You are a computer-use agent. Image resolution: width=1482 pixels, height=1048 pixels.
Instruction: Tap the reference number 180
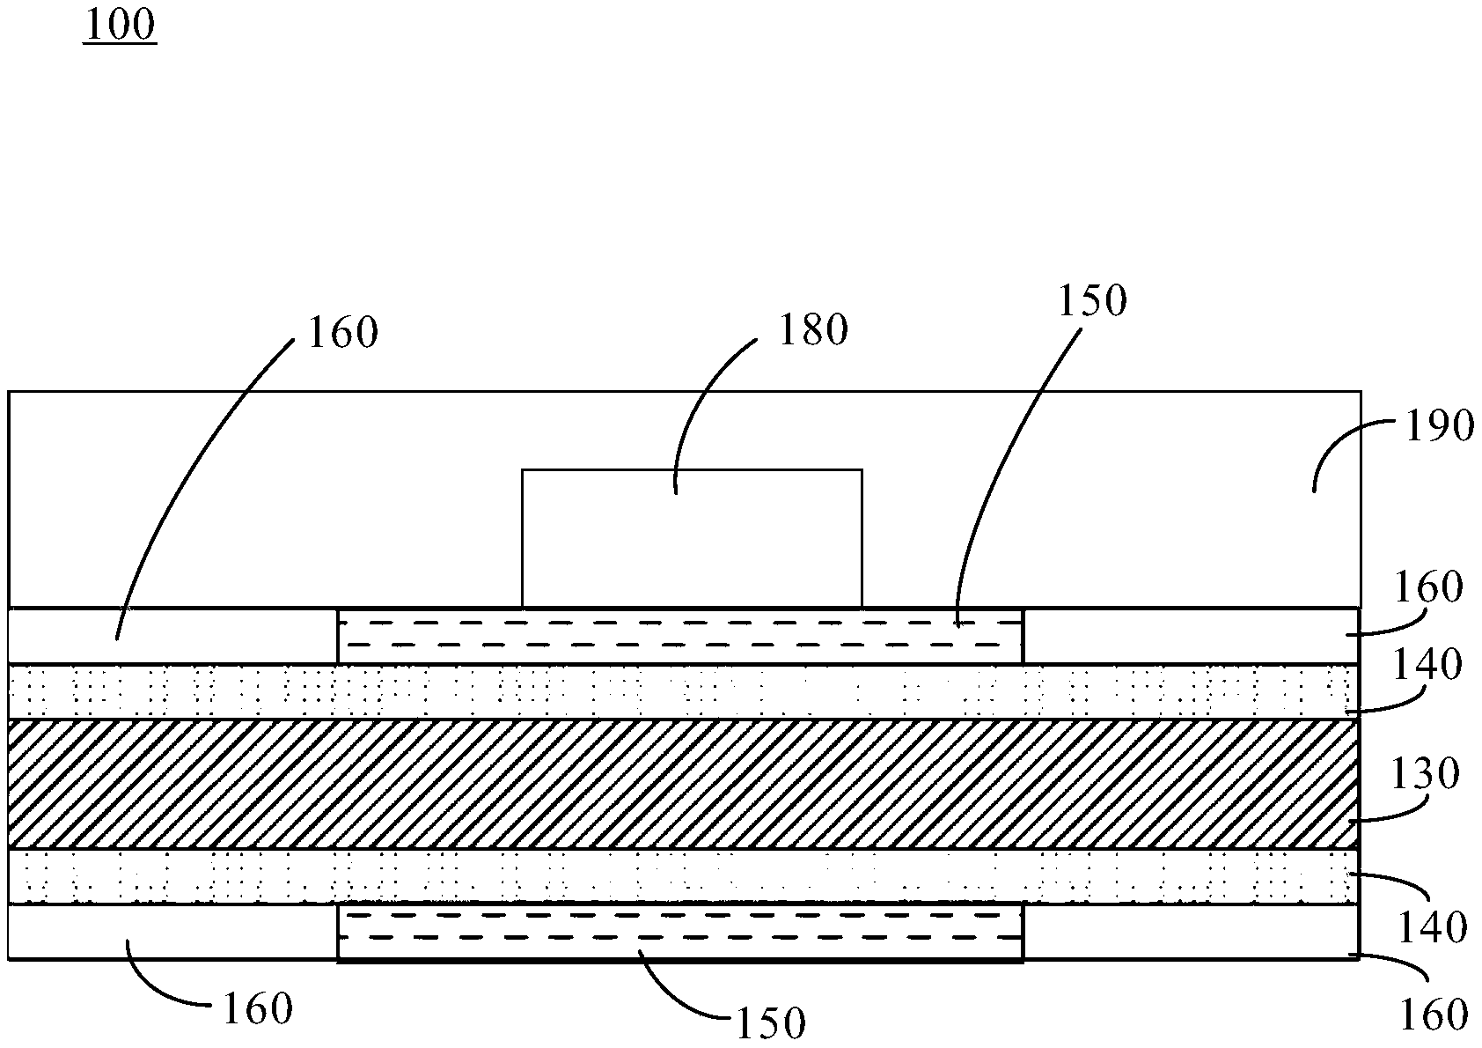pos(812,331)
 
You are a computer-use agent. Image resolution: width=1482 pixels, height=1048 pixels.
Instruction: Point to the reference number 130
pos(1425,775)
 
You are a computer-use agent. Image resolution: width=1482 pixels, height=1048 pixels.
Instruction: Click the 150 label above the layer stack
pos(1092,301)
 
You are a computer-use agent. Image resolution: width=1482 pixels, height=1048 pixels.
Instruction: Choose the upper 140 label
pos(1426,666)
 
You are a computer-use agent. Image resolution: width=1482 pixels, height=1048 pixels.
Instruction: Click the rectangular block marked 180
pos(692,537)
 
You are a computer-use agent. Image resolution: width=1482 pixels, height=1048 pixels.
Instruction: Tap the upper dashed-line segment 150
pos(680,635)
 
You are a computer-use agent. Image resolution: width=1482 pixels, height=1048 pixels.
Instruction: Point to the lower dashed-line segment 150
pos(680,931)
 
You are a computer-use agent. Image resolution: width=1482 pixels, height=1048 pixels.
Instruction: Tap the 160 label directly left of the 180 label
pos(342,333)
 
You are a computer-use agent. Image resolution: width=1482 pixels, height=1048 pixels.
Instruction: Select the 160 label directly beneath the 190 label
pos(1429,587)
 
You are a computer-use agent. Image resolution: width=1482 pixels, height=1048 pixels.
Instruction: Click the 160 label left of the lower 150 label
pos(257,1009)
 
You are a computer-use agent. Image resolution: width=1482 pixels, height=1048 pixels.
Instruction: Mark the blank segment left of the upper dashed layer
pos(172,635)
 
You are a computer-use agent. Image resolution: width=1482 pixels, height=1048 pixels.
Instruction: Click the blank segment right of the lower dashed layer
pos(1190,931)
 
